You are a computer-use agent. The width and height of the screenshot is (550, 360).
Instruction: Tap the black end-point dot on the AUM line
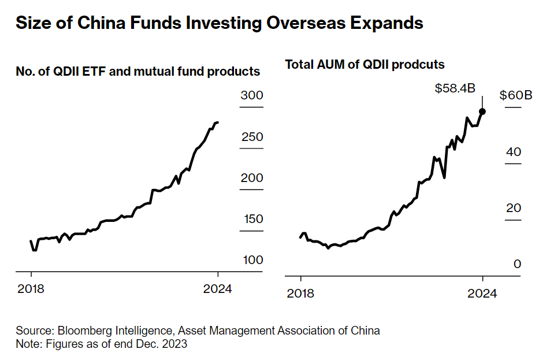pos(482,112)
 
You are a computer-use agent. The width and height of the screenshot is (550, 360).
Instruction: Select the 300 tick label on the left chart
pos(252,96)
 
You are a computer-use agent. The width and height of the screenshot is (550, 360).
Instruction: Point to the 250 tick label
pos(252,137)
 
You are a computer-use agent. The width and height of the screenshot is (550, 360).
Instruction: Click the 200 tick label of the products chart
pos(252,178)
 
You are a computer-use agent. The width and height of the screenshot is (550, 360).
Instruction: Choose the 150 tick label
pos(252,219)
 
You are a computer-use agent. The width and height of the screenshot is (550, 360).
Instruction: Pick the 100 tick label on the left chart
pos(252,260)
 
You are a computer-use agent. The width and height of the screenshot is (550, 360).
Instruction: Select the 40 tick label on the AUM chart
pos(513,152)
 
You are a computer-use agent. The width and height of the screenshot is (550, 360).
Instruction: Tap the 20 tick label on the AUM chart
pos(513,208)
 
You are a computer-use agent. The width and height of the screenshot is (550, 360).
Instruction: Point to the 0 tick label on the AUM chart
pos(517,264)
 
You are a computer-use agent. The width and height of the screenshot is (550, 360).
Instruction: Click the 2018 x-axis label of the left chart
pos(31,289)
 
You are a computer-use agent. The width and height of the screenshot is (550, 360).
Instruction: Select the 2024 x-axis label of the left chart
pos(218,289)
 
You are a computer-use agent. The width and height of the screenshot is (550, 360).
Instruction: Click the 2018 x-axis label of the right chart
pos(300,294)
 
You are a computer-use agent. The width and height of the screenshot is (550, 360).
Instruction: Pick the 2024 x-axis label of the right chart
pos(482,294)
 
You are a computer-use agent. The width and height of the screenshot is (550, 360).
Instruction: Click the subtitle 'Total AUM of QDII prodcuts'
pos(365,65)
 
